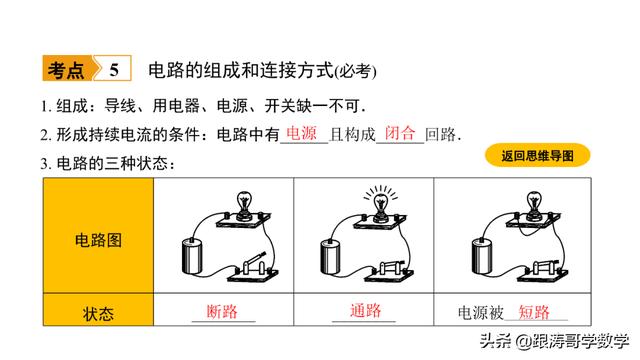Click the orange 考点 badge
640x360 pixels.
pyautogui.click(x=68, y=68)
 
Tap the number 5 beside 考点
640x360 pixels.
pyautogui.click(x=114, y=70)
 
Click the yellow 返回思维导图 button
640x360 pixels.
pyautogui.click(x=538, y=156)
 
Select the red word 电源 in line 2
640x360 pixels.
pyautogui.click(x=302, y=133)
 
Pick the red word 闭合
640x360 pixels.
pyautogui.click(x=400, y=133)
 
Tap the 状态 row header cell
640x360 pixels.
pyautogui.click(x=98, y=310)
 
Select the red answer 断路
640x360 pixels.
pyautogui.click(x=222, y=311)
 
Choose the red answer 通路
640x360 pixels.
pyautogui.click(x=366, y=311)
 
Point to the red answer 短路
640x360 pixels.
pyautogui.click(x=534, y=312)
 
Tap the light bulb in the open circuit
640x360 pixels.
pyautogui.click(x=244, y=204)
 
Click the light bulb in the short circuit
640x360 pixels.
pyautogui.click(x=534, y=204)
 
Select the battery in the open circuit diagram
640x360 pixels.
pyautogui.click(x=192, y=256)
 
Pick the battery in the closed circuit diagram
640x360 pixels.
pyautogui.click(x=330, y=257)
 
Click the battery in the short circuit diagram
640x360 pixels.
pyautogui.click(x=482, y=256)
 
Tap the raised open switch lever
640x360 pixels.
pyautogui.click(x=256, y=259)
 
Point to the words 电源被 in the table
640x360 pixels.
pyautogui.click(x=480, y=313)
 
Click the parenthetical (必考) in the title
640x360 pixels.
pyautogui.click(x=356, y=71)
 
